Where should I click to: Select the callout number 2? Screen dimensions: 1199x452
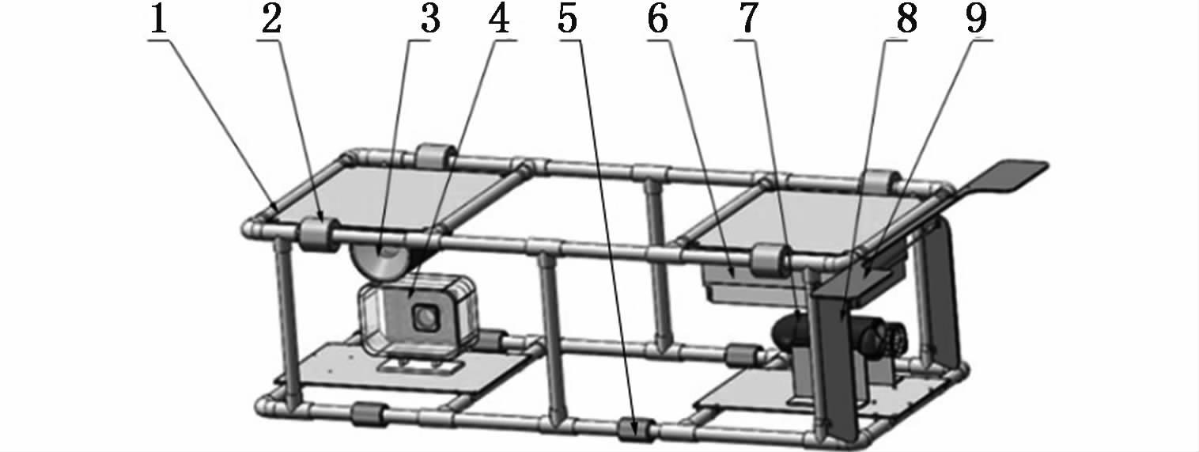(271, 20)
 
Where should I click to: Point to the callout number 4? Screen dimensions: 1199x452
(499, 20)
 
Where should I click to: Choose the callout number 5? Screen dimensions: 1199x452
(568, 20)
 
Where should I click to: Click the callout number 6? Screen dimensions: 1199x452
(658, 20)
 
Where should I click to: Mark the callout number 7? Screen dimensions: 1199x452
(748, 20)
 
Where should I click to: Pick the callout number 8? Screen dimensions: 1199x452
(906, 20)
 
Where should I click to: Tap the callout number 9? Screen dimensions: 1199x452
(976, 20)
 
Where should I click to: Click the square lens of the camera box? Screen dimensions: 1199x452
(426, 318)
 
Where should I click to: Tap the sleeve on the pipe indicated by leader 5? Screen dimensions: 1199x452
(635, 430)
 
